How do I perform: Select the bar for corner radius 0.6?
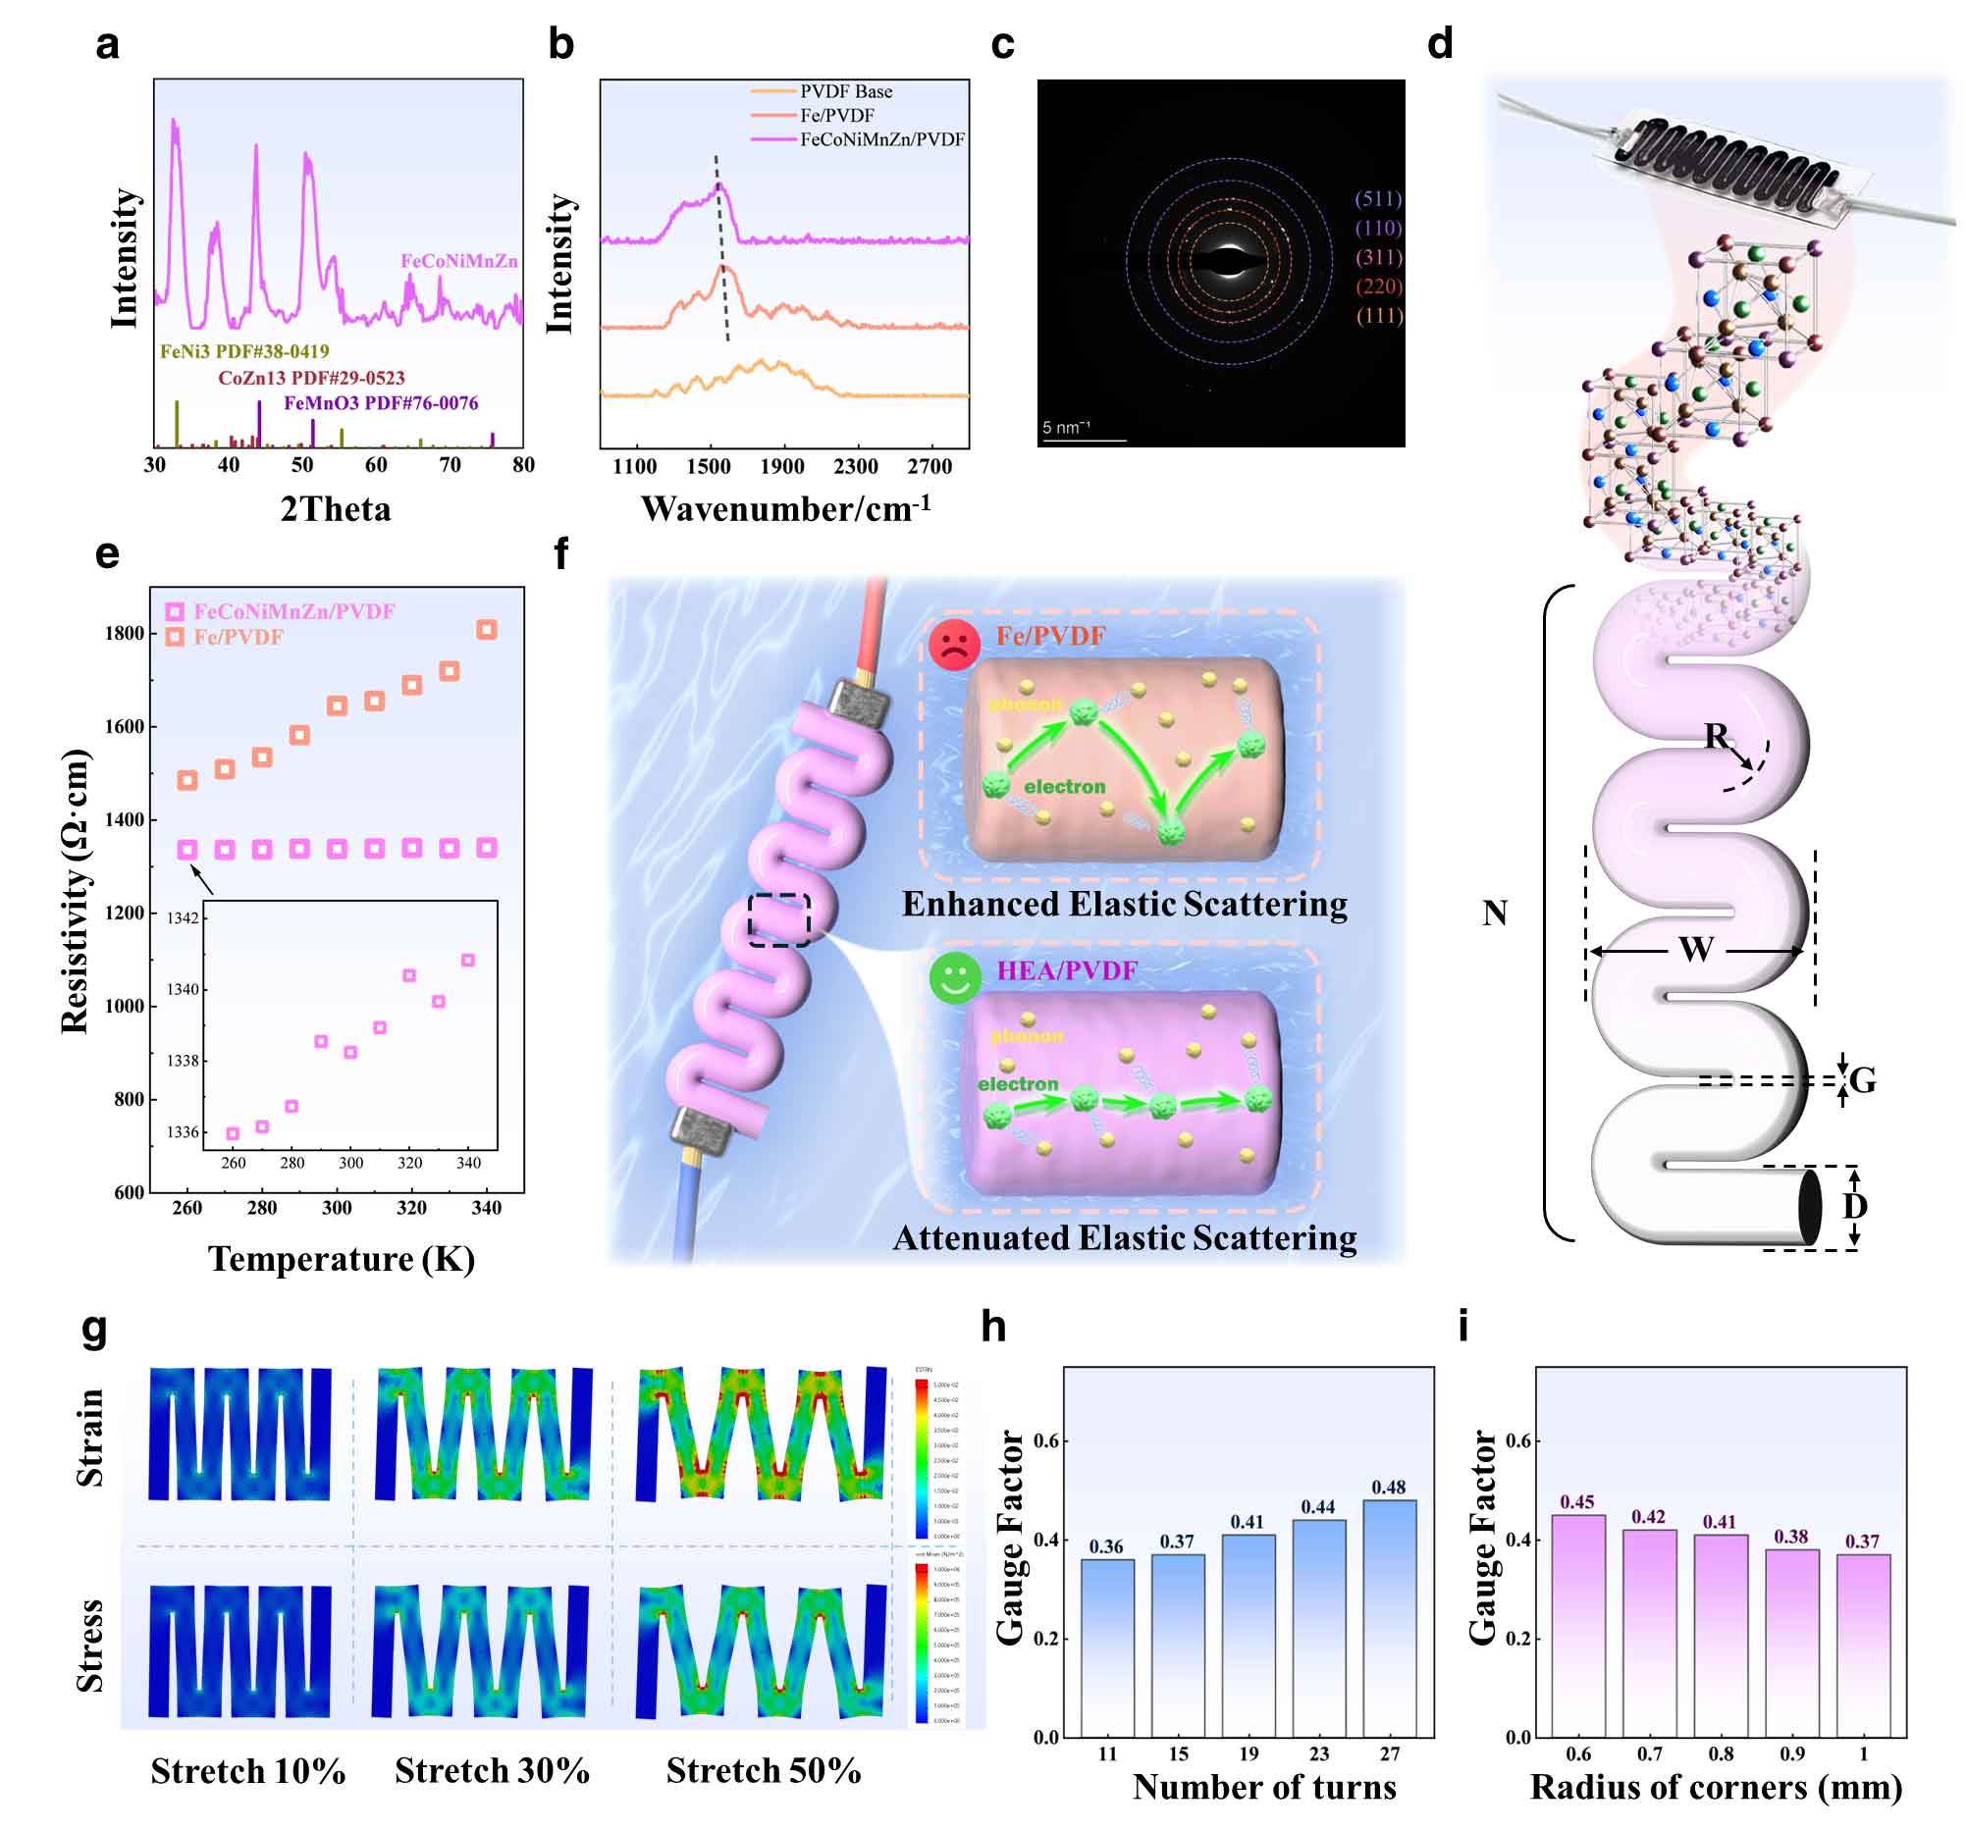coord(1577,1625)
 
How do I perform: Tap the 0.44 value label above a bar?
coord(1317,1507)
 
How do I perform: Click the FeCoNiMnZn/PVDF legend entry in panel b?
coord(881,139)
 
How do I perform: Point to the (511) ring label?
coord(1378,199)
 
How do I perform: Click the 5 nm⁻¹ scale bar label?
coord(1065,427)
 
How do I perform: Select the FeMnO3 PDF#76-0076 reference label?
coord(381,403)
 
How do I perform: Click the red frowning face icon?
coord(953,645)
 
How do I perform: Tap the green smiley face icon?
coord(954,978)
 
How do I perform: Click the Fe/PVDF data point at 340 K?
coord(487,630)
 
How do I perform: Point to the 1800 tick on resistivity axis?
coord(125,634)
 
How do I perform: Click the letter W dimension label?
coord(1695,950)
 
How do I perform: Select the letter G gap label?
coord(1862,1080)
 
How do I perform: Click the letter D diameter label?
coord(1854,1206)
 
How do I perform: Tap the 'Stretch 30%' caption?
coord(492,1771)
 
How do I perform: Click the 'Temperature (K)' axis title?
coord(342,1259)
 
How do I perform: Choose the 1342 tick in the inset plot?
coord(183,918)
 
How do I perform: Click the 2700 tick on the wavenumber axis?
coord(930,467)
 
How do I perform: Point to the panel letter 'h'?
coord(993,1327)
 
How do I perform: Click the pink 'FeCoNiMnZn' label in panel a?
coord(459,261)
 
